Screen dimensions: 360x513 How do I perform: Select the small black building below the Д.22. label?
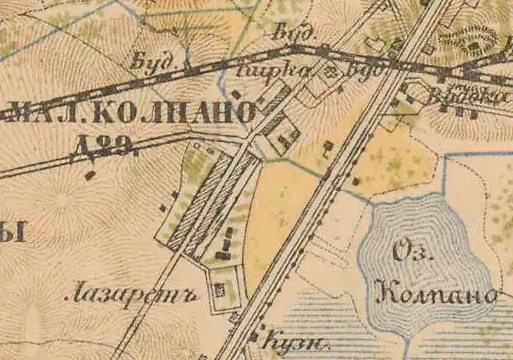click(90, 176)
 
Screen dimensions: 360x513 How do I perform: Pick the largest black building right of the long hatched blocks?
click(225, 252)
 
